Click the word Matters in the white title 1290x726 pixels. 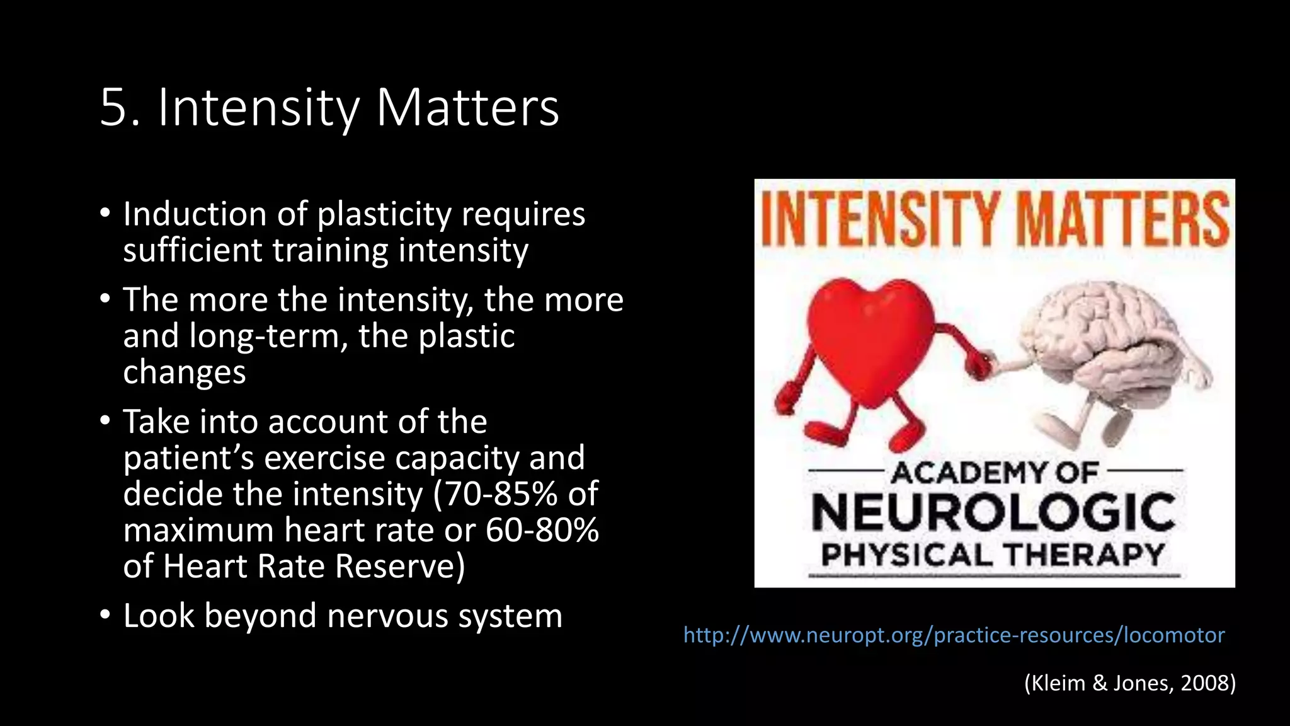pyautogui.click(x=467, y=108)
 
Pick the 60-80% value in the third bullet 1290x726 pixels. pyautogui.click(x=542, y=531)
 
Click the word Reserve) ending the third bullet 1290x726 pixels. pyautogui.click(x=401, y=567)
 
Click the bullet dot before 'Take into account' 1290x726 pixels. pyautogui.click(x=105, y=420)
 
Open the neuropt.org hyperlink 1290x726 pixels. pyautogui.click(x=954, y=635)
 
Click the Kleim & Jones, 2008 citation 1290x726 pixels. pyautogui.click(x=1130, y=683)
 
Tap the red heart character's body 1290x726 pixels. pyautogui.click(x=869, y=340)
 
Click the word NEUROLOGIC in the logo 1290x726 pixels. pyautogui.click(x=993, y=513)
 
